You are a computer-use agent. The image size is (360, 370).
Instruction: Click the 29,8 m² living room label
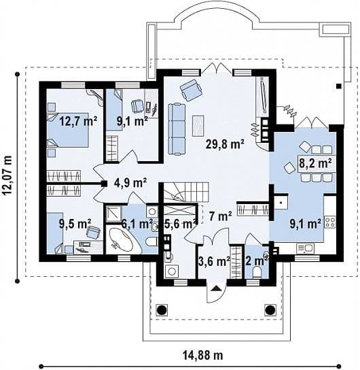(x=225, y=144)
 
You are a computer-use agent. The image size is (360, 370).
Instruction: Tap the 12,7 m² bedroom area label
(x=78, y=122)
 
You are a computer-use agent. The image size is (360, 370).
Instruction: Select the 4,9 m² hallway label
(x=130, y=182)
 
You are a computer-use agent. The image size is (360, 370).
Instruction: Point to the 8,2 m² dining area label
(x=315, y=163)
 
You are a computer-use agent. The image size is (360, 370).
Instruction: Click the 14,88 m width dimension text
(x=202, y=355)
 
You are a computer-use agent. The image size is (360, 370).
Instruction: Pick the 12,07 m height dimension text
(x=8, y=175)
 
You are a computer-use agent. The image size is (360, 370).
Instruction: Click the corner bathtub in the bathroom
(x=122, y=241)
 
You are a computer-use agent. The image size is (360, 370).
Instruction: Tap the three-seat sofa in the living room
(x=177, y=129)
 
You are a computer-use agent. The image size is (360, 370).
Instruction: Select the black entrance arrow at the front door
(x=216, y=288)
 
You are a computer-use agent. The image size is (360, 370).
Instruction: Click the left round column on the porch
(x=162, y=309)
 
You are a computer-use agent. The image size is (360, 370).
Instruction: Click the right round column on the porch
(x=270, y=309)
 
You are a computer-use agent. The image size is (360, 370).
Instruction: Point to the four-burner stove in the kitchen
(x=330, y=222)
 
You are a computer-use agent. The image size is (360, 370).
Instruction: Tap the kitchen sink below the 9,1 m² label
(x=306, y=248)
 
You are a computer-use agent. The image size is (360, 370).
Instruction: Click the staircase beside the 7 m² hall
(x=186, y=192)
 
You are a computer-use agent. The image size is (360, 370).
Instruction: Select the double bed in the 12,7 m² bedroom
(x=68, y=131)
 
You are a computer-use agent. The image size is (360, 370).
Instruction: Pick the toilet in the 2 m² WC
(x=256, y=272)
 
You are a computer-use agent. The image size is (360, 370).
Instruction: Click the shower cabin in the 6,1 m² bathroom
(x=113, y=214)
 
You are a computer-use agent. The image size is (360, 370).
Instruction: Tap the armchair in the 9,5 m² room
(x=93, y=231)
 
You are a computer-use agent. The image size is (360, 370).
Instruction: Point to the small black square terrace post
(x=338, y=86)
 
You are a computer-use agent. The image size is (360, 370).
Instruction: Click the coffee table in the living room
(x=198, y=126)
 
